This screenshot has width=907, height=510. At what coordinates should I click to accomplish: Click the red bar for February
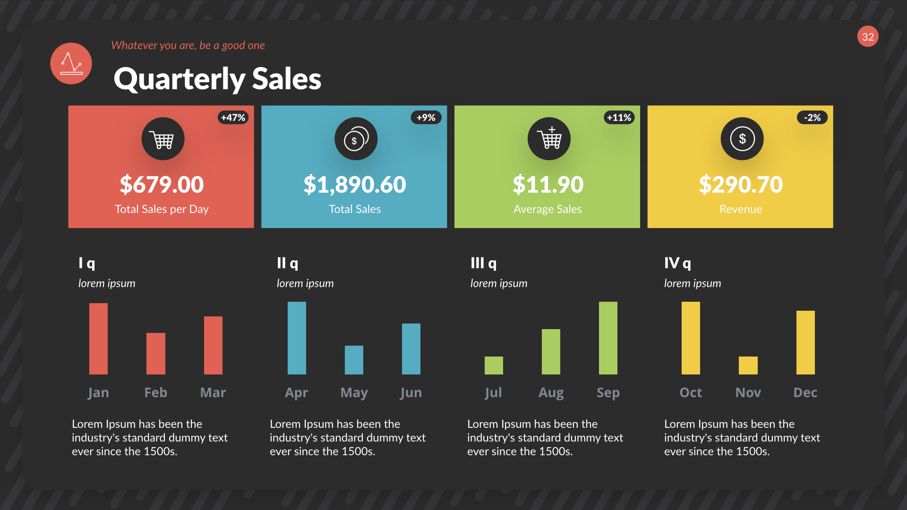pos(155,354)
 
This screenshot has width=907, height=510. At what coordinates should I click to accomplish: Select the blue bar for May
pos(354,360)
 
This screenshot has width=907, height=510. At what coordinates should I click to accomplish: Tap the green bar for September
pos(608,338)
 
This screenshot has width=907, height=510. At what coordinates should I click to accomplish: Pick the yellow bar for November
pos(748,365)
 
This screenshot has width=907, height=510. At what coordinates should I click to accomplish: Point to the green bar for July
pos(494,365)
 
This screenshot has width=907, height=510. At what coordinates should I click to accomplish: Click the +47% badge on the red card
pos(233,118)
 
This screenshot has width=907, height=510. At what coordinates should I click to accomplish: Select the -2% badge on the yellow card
pos(812,118)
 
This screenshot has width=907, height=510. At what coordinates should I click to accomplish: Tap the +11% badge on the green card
pos(619,118)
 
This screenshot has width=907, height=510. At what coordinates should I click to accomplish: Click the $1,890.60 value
pos(354,184)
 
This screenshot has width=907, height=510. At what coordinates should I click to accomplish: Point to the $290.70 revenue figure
pos(740,184)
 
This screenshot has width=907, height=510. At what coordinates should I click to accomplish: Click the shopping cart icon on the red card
pos(163,139)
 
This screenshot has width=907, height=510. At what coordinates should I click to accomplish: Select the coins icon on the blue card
pos(356,139)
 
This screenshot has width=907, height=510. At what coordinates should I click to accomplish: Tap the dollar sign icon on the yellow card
pos(742,139)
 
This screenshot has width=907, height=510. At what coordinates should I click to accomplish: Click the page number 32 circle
pos(868,36)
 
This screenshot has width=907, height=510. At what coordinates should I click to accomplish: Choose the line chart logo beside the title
pos(71,64)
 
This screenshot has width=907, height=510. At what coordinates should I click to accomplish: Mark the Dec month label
pos(805,392)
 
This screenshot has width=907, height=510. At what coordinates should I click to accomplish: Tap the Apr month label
pos(296,392)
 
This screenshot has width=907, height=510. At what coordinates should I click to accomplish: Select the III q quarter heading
pos(483,263)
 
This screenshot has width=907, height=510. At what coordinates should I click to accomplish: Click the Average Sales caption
pos(548,209)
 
